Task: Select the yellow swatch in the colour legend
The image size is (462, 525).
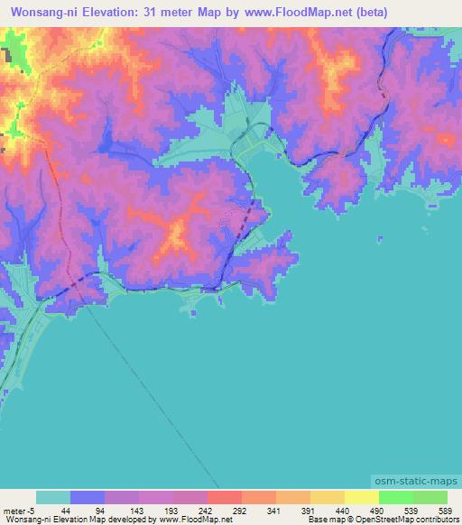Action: click(360, 497)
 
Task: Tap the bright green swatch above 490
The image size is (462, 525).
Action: click(395, 497)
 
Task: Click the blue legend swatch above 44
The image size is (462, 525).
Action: click(88, 497)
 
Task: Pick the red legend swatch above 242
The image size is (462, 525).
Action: click(224, 497)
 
